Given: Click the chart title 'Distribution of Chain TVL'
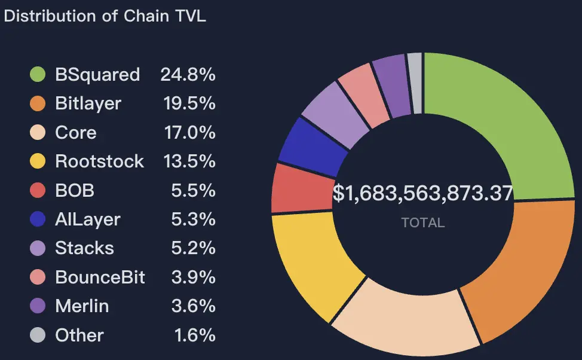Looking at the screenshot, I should click(105, 16).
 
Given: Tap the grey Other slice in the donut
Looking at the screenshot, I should click(415, 83).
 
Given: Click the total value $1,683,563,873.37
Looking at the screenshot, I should click(423, 194).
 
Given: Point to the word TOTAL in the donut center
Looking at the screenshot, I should click(423, 223).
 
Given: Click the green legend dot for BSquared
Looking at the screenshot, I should click(38, 75).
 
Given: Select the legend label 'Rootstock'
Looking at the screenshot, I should click(99, 161).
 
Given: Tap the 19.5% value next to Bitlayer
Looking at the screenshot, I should click(189, 103).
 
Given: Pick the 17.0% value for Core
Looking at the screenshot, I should click(189, 132).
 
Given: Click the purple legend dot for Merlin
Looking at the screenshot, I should click(38, 306).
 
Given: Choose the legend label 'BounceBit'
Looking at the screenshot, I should click(100, 277).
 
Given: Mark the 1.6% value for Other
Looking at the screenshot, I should click(195, 335).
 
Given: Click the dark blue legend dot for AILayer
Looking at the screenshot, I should click(38, 219).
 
